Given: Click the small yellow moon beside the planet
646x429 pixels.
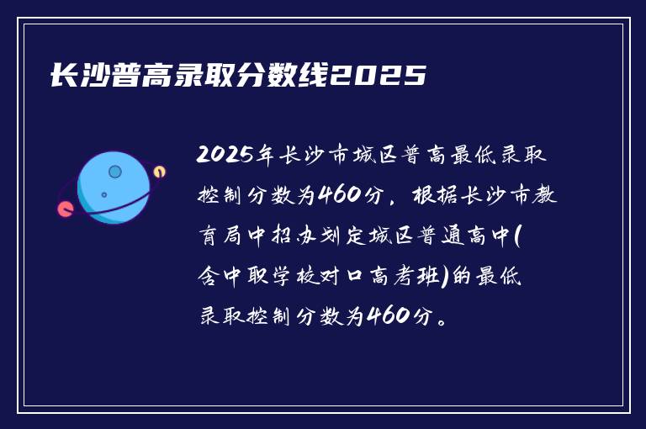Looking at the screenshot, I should [x=159, y=172].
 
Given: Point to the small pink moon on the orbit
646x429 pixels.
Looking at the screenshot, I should [x=64, y=209].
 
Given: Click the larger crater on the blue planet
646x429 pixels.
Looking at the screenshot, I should [x=115, y=172].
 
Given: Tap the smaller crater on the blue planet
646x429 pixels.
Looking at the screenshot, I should [x=103, y=195].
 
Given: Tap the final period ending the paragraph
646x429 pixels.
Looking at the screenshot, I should [x=443, y=319].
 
